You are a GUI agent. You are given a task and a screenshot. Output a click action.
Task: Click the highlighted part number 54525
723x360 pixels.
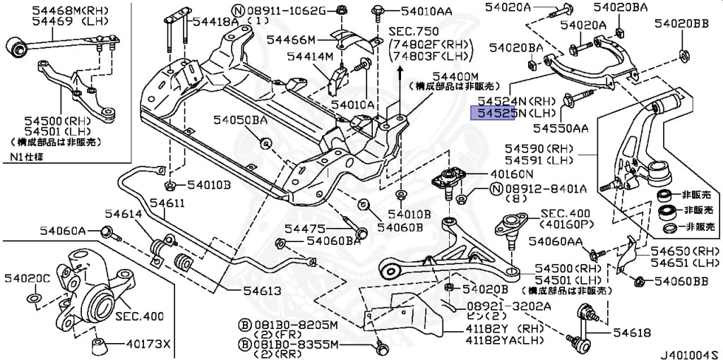coord(491,113)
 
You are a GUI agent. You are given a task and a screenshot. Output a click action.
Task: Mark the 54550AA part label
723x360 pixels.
coord(560,128)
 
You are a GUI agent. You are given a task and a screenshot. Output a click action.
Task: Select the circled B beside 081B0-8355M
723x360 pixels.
coord(245,344)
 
